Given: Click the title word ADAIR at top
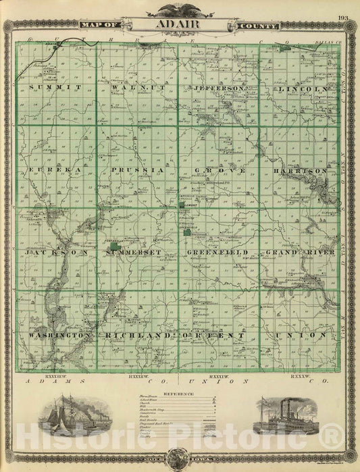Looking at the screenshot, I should tap(180, 26).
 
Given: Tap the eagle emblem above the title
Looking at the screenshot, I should tap(180, 9).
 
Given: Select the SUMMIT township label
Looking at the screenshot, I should tap(55, 88).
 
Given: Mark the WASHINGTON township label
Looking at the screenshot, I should tap(59, 335).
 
